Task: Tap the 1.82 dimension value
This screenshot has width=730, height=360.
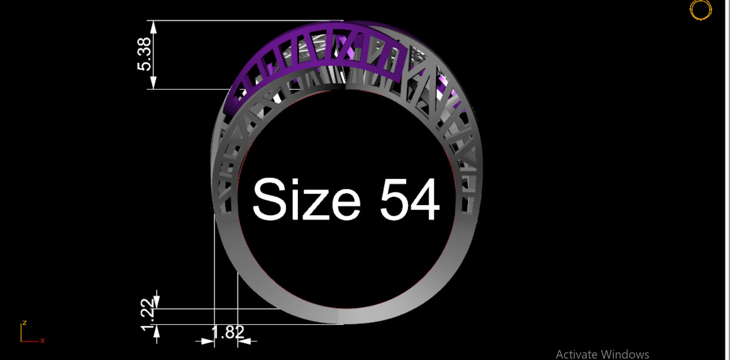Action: click(x=228, y=332)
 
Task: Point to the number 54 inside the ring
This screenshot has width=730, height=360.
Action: click(x=409, y=199)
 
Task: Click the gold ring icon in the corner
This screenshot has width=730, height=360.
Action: click(x=700, y=10)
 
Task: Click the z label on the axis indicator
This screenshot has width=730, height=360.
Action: click(x=24, y=323)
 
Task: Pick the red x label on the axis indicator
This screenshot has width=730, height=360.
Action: click(x=42, y=340)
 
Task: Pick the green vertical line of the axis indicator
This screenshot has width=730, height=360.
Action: click(x=21, y=332)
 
